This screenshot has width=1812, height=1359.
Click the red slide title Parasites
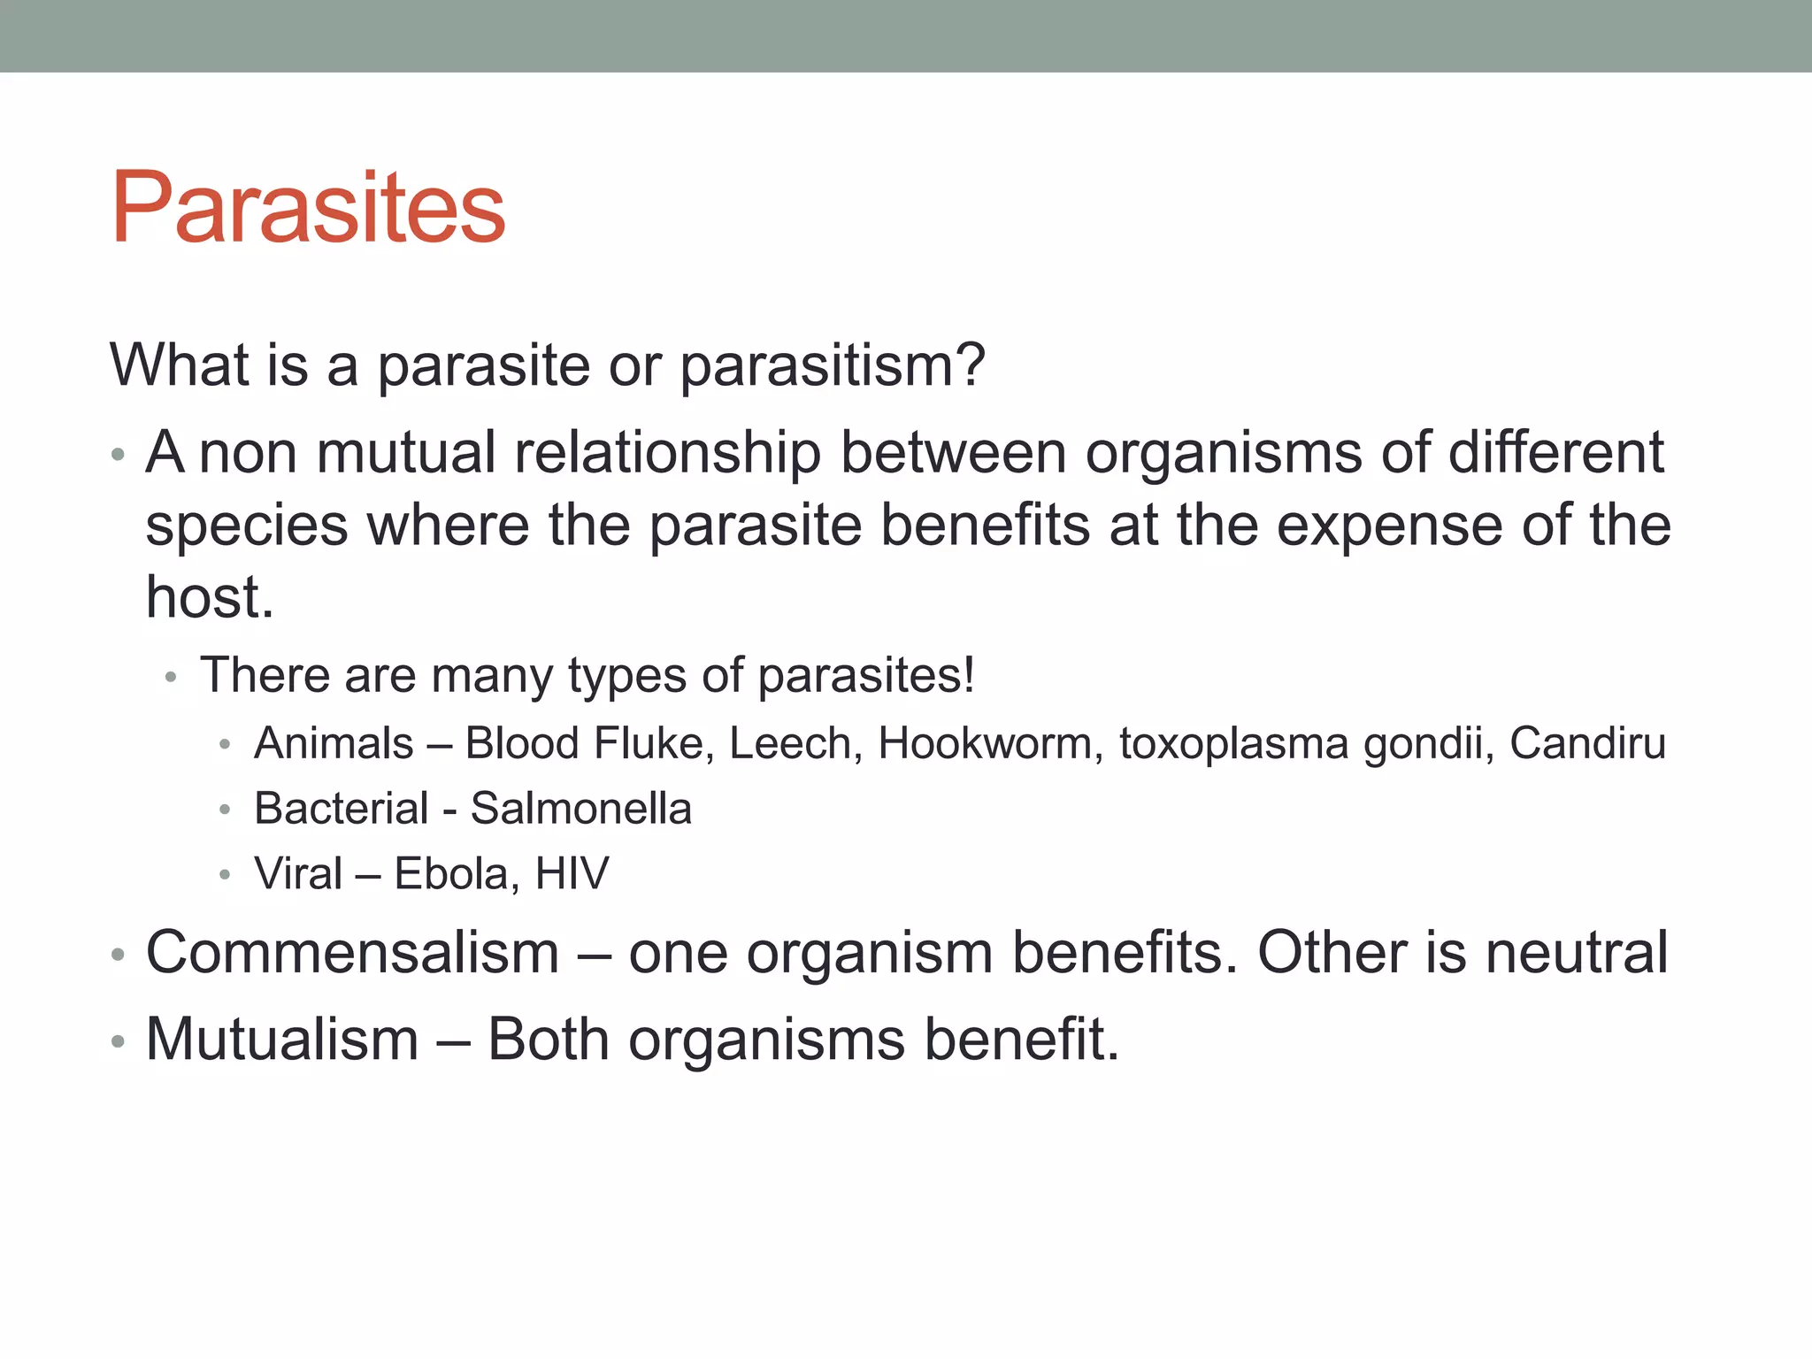(308, 209)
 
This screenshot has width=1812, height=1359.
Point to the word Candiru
(1587, 743)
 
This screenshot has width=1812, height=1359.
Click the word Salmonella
(580, 809)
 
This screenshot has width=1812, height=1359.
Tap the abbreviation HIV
(572, 874)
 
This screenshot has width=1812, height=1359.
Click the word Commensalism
(352, 954)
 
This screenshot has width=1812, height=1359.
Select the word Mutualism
(281, 1040)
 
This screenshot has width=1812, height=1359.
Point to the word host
(209, 598)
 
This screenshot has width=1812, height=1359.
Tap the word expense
(1389, 526)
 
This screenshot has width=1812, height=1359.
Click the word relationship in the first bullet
(667, 453)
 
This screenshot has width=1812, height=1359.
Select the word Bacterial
(341, 809)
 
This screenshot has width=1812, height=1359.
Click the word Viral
(297, 874)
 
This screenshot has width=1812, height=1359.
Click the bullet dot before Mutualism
(118, 1041)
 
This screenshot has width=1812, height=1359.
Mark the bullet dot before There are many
(172, 678)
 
